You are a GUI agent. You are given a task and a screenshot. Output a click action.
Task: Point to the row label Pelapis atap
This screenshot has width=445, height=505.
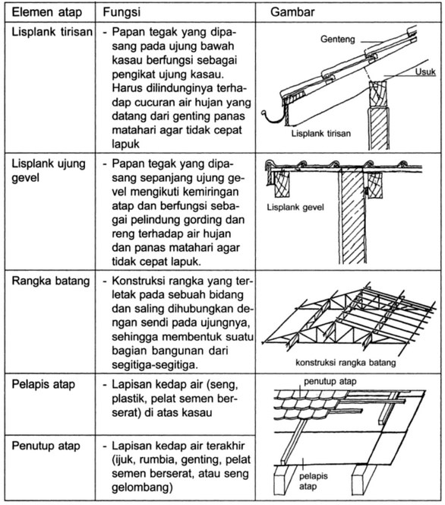click(x=43, y=384)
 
